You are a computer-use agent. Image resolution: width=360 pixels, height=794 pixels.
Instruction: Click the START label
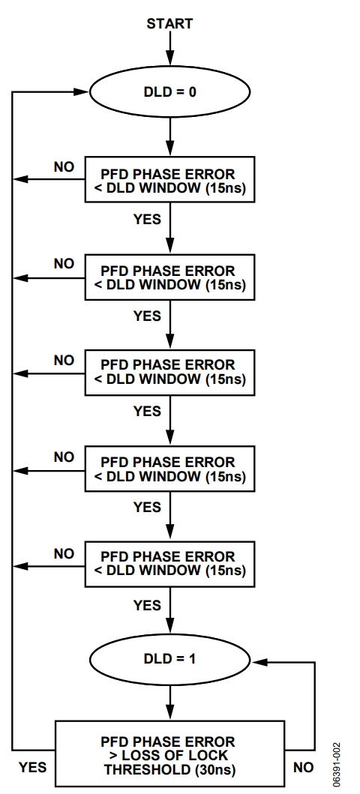coord(169,24)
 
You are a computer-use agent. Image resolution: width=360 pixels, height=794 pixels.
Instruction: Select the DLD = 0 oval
coord(169,92)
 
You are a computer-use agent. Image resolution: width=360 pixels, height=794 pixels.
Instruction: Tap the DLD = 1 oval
coord(169,659)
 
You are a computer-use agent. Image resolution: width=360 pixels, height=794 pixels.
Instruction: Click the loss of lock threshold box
coord(169,754)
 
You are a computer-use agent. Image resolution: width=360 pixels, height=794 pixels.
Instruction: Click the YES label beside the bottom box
coord(33,768)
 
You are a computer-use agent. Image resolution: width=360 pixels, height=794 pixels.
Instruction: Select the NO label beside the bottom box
coord(303,768)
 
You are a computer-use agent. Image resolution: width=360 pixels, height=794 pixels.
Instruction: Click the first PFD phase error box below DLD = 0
coord(169,179)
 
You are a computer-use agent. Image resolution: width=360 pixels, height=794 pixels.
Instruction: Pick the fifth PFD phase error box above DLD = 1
coord(169,179)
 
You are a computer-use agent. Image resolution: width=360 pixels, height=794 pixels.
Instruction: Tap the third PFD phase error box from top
coord(169,372)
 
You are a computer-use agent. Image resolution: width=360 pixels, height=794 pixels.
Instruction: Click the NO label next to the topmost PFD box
coord(64,167)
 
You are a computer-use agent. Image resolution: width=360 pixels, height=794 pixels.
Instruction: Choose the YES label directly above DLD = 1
coord(147,605)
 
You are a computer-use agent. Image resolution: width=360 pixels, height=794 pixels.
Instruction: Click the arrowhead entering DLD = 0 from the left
coord(82,92)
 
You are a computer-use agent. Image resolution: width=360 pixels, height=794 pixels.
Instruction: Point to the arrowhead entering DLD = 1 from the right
coord(259,662)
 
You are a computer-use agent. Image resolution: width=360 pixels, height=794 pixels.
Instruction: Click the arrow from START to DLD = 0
coord(169,49)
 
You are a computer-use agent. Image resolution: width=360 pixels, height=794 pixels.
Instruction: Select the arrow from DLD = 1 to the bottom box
coord(169,703)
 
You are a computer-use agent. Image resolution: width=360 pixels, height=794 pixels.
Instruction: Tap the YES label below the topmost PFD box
coord(147,219)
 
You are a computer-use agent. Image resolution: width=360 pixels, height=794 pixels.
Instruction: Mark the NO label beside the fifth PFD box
coord(64,554)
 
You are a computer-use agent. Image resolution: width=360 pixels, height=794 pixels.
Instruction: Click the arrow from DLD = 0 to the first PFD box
coord(169,137)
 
